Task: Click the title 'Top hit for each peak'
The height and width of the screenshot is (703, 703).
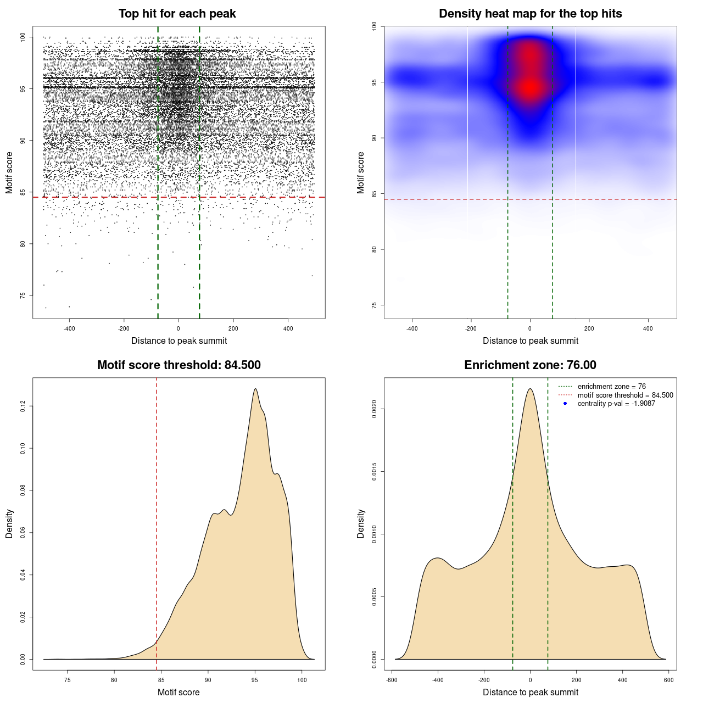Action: (177, 14)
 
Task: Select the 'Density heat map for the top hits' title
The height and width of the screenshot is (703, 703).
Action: (530, 14)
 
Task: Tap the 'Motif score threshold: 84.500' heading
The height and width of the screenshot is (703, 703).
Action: (178, 365)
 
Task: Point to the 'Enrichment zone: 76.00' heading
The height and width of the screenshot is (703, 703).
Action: (530, 365)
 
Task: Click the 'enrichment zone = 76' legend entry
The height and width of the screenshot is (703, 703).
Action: (611, 387)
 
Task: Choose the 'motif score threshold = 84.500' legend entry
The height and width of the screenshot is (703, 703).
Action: (625, 395)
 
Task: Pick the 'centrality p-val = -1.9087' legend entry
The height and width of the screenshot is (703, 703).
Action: (616, 404)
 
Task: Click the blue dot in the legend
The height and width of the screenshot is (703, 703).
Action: (565, 404)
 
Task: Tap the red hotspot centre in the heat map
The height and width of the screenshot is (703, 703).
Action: (530, 87)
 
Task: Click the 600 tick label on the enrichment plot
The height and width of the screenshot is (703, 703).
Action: (668, 680)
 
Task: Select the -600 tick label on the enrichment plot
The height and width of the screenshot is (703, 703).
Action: (392, 680)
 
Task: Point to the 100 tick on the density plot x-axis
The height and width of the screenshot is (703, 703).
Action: (302, 680)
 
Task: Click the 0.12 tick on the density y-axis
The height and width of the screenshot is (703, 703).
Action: (23, 406)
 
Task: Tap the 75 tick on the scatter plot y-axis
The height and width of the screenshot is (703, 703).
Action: (23, 295)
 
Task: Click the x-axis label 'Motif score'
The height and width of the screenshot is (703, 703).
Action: (178, 692)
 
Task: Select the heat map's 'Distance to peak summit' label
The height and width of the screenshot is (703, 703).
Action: (530, 341)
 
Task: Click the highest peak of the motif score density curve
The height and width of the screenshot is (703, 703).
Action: (255, 389)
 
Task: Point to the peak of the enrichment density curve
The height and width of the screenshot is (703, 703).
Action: (530, 389)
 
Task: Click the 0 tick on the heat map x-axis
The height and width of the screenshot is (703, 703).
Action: (530, 328)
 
